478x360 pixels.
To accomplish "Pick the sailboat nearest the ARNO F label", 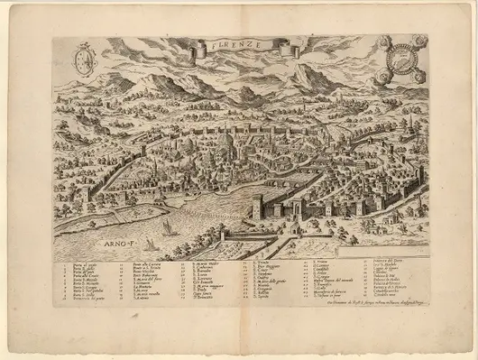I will pyautogui.click(x=148, y=245).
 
